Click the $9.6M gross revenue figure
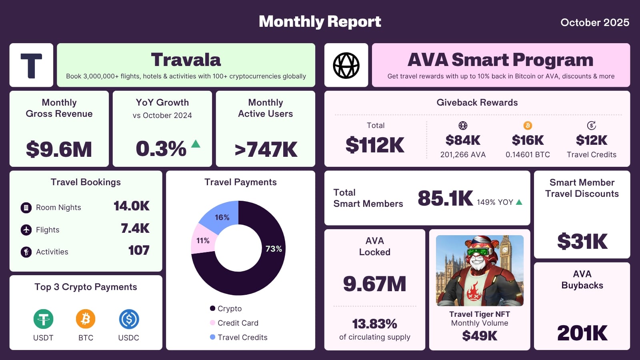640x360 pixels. pos(59,149)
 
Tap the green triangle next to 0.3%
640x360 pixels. pos(196,144)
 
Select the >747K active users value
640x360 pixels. pos(266,150)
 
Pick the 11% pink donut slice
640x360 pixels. pos(203,240)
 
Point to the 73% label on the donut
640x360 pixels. pos(274,249)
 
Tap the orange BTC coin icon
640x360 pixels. pos(86,319)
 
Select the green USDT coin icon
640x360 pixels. pos(43,319)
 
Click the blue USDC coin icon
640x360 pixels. pos(129,319)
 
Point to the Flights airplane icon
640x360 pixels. pos(26,230)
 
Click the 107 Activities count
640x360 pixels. pos(138,250)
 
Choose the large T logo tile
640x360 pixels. pos(31,65)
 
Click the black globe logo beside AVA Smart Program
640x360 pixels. pos(346,65)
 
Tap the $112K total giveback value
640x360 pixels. pos(375,145)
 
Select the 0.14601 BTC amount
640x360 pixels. pos(528,155)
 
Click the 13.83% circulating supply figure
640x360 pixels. pos(374,324)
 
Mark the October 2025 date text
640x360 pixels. pos(594,22)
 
